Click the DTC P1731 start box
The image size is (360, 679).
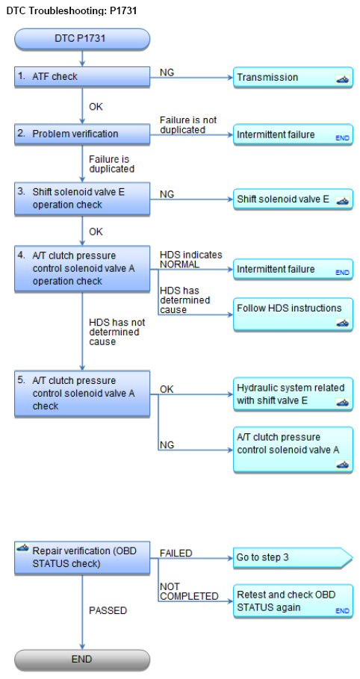click(x=82, y=39)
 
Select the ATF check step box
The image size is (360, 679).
click(x=82, y=77)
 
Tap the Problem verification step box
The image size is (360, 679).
click(x=82, y=134)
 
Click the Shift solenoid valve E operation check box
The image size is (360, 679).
click(x=82, y=199)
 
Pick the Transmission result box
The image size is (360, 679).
click(x=294, y=78)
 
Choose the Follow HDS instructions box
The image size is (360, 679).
click(x=294, y=314)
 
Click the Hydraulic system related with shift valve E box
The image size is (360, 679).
click(x=294, y=394)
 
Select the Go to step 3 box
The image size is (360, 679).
click(x=294, y=558)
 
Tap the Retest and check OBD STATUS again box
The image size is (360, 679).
click(x=294, y=601)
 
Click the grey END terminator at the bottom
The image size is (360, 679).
click(x=82, y=660)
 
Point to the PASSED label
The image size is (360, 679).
click(x=108, y=610)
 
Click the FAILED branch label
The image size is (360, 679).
click(x=176, y=553)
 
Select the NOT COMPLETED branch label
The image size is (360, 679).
click(x=189, y=592)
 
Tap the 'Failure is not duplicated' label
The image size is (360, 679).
click(x=188, y=125)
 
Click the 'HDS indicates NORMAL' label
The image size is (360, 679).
click(x=191, y=259)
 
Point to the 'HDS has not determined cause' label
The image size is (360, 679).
click(x=117, y=332)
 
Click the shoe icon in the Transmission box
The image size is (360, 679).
click(x=342, y=80)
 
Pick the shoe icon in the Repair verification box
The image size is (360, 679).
click(x=22, y=548)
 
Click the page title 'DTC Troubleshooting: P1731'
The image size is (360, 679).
click(x=72, y=10)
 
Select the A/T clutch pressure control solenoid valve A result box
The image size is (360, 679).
click(x=294, y=450)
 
